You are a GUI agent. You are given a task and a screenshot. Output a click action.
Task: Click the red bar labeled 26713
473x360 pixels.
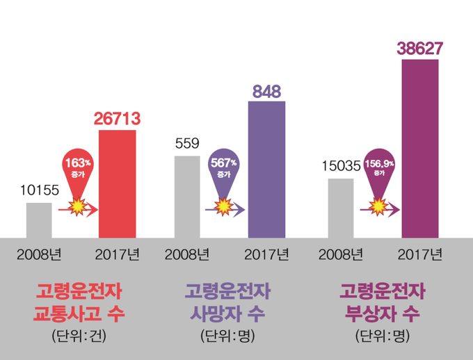pyautogui.click(x=118, y=184)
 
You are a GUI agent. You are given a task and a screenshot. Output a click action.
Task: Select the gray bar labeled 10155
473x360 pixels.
pyautogui.click(x=39, y=220)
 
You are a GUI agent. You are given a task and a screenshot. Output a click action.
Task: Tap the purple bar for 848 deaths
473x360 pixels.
pyautogui.click(x=266, y=170)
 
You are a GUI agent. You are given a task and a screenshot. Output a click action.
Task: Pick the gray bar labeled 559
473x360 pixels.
pyautogui.click(x=187, y=197)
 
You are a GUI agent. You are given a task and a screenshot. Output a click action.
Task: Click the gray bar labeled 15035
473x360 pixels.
pyautogui.click(x=340, y=208)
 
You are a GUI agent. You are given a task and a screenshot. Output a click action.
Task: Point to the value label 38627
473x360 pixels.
pyautogui.click(x=420, y=49)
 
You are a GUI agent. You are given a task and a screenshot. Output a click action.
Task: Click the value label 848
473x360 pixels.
pyautogui.click(x=266, y=91)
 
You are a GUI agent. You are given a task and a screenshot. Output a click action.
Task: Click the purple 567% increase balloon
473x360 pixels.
pyautogui.click(x=223, y=166)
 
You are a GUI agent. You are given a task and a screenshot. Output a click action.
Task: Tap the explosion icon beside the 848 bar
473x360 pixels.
pyautogui.click(x=223, y=206)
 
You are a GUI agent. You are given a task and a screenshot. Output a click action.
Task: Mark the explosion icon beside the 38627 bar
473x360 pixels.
pyautogui.click(x=378, y=206)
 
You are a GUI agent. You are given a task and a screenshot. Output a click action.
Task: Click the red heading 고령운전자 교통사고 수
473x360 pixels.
pyautogui.click(x=79, y=300)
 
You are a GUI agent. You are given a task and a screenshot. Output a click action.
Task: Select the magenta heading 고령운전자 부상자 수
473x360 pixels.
pyautogui.click(x=383, y=300)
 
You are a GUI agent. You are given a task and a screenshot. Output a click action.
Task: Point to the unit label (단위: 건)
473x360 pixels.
pyautogui.click(x=79, y=337)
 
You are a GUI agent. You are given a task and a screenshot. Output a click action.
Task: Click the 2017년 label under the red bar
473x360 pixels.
pyautogui.click(x=118, y=254)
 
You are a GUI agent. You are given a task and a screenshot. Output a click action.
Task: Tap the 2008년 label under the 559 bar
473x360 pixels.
pyautogui.click(x=187, y=254)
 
